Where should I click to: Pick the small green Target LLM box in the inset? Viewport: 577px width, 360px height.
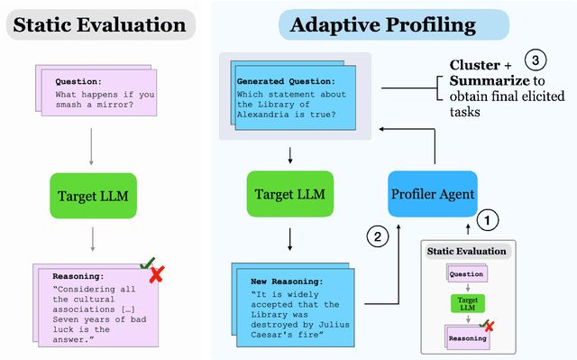click(466, 305)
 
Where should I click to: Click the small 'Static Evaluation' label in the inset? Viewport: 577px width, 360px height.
click(466, 252)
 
